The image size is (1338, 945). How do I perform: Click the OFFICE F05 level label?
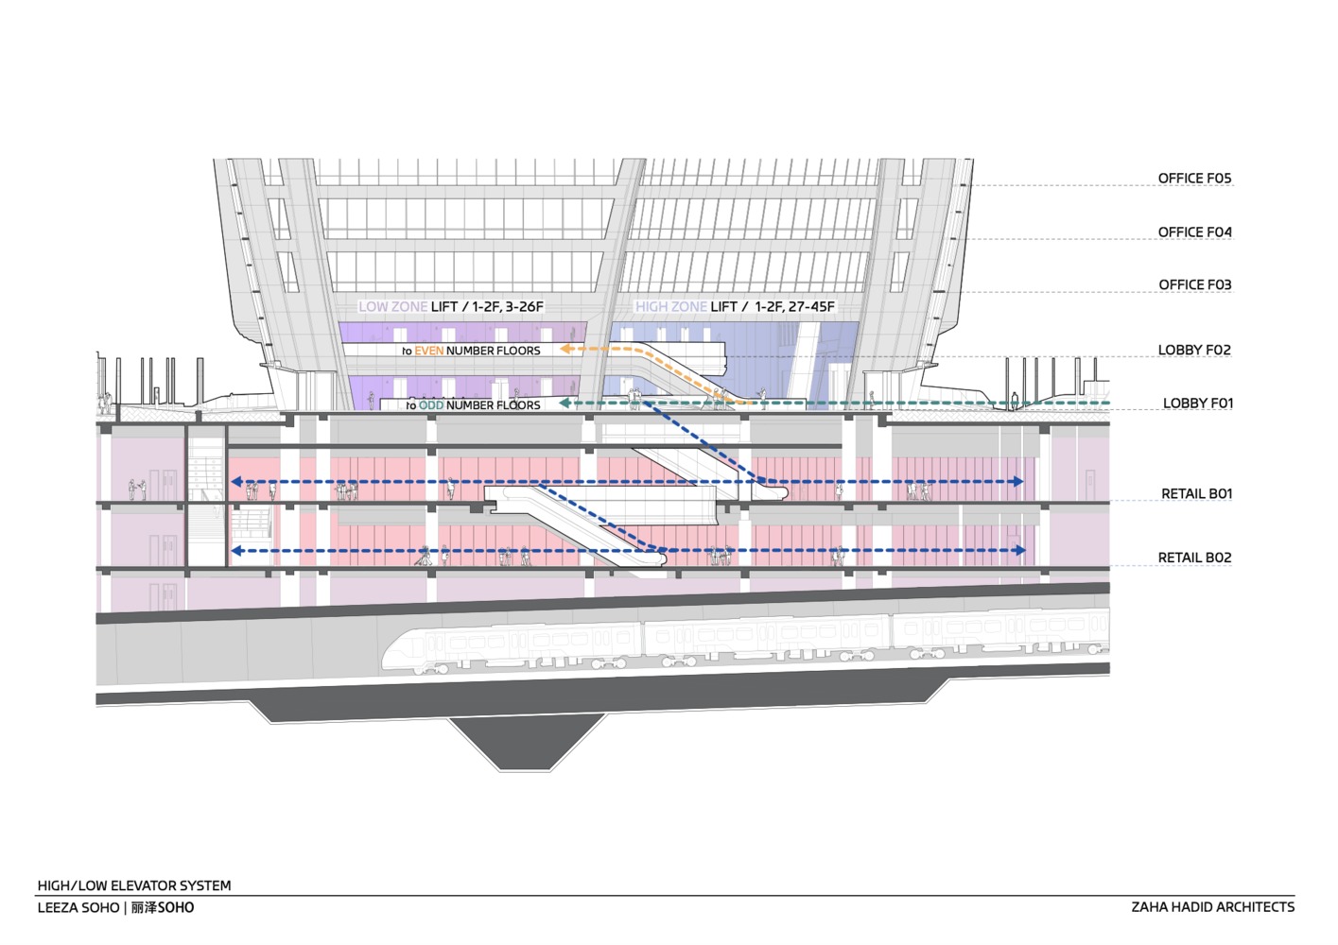click(1194, 179)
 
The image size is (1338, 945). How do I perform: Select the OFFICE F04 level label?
click(1194, 232)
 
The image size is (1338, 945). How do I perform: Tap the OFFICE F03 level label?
click(1194, 285)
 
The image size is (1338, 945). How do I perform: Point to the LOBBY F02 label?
click(1194, 351)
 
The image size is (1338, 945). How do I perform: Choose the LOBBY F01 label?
click(1197, 404)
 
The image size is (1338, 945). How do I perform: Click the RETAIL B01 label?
click(1196, 494)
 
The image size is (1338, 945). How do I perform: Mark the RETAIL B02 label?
click(1194, 558)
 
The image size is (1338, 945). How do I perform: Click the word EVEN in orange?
click(428, 351)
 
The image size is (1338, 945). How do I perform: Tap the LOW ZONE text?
click(392, 307)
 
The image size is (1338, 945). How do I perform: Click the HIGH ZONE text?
click(670, 307)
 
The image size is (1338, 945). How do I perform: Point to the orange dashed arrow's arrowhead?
click(565, 349)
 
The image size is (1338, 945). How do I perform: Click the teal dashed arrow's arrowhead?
click(564, 404)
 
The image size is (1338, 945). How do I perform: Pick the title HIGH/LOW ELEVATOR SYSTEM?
click(134, 886)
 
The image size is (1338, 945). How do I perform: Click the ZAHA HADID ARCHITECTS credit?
click(1212, 907)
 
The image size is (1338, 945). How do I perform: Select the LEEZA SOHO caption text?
click(78, 908)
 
